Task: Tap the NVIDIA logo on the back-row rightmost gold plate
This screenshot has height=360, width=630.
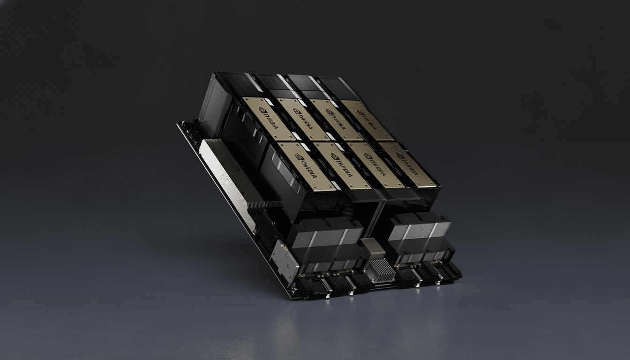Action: pyautogui.click(x=367, y=119)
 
